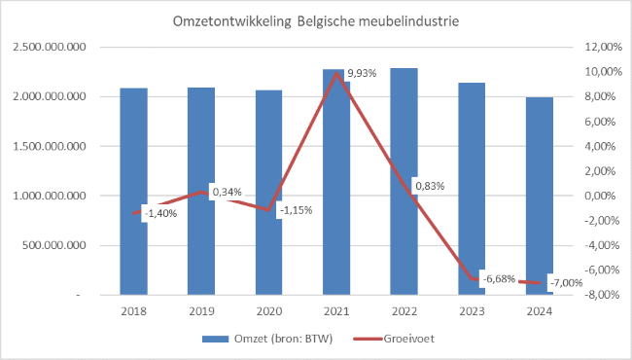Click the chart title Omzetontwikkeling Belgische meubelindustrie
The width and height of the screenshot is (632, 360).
click(x=317, y=20)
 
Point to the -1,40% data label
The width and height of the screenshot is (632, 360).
click(x=161, y=213)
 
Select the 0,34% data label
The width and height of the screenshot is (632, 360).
click(x=227, y=192)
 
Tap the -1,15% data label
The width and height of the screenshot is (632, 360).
click(x=296, y=210)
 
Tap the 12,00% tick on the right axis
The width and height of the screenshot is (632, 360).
click(x=600, y=47)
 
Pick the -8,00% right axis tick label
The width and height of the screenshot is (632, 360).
click(x=600, y=294)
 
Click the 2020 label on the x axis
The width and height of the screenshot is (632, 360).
click(x=269, y=310)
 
